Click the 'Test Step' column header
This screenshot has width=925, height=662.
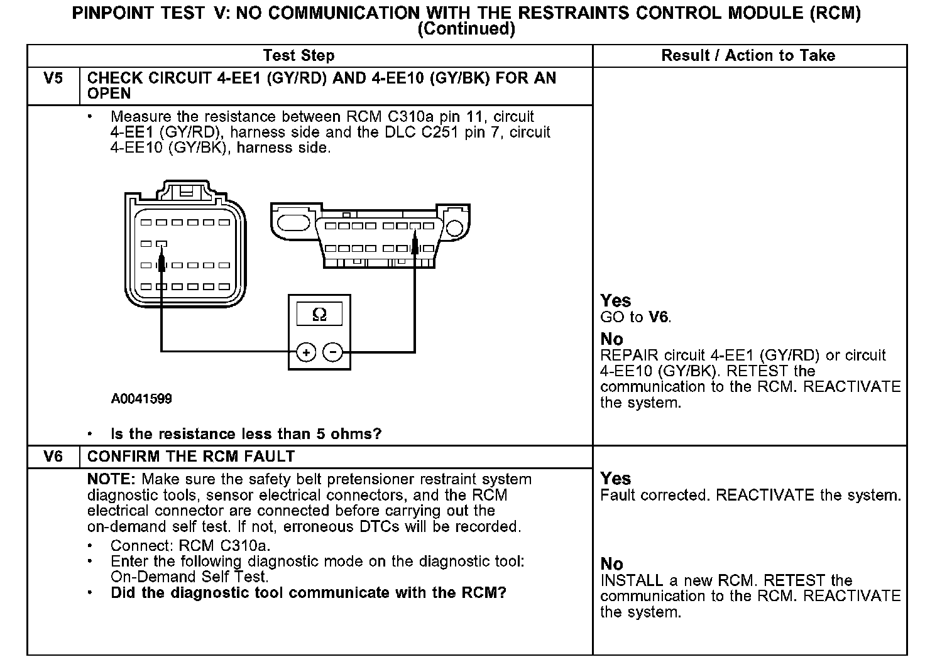tap(298, 56)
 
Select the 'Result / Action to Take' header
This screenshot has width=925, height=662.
tap(748, 56)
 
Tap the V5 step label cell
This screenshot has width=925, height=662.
tap(53, 79)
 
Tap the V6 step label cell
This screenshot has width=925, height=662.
tap(53, 457)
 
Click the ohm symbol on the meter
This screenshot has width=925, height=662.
tap(319, 315)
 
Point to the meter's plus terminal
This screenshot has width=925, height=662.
tap(306, 352)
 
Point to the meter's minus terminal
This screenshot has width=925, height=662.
tap(333, 352)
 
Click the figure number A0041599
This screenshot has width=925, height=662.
tap(141, 399)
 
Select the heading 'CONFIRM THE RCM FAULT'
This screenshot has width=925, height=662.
tap(191, 457)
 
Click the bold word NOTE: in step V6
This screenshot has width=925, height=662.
tap(109, 480)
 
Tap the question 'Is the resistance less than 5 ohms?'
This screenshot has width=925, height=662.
tap(246, 434)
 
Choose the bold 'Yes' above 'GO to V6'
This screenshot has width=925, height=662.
tap(615, 301)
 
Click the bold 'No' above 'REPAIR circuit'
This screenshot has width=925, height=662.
tap(611, 339)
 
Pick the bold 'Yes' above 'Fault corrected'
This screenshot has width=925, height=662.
tap(615, 479)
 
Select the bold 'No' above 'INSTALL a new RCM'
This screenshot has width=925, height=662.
tap(611, 564)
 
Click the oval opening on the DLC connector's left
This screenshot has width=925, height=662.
tap(293, 223)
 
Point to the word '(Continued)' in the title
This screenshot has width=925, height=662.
tap(466, 29)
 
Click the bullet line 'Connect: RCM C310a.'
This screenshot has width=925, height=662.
tap(190, 545)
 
